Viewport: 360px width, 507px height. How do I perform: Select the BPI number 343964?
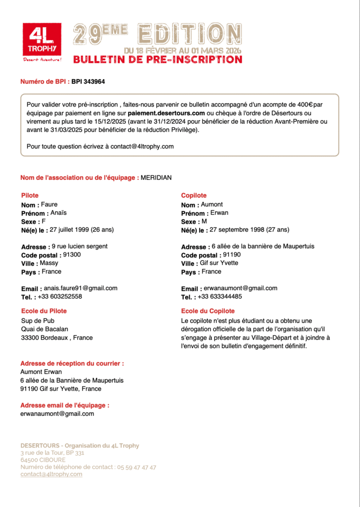pyautogui.click(x=88, y=81)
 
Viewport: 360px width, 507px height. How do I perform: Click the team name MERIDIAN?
pyautogui.click(x=156, y=178)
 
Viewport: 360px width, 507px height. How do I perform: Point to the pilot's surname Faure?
pyautogui.click(x=49, y=204)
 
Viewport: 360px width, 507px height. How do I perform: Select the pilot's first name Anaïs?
pyautogui.click(x=58, y=213)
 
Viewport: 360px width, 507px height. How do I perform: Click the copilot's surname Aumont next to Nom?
pyautogui.click(x=212, y=204)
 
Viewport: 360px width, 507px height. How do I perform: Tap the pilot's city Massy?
pyautogui.click(x=49, y=263)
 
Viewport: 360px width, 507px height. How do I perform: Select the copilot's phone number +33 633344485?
pyautogui.click(x=220, y=297)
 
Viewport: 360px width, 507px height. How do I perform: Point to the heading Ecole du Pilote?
pyautogui.click(x=44, y=311)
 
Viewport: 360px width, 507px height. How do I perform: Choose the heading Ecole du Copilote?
pyautogui.click(x=208, y=311)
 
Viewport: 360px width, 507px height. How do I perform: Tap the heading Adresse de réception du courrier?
pyautogui.click(x=72, y=363)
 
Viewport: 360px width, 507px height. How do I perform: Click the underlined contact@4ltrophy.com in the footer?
pyautogui.click(x=51, y=474)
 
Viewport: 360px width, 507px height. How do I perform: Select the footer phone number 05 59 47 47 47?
pyautogui.click(x=137, y=467)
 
